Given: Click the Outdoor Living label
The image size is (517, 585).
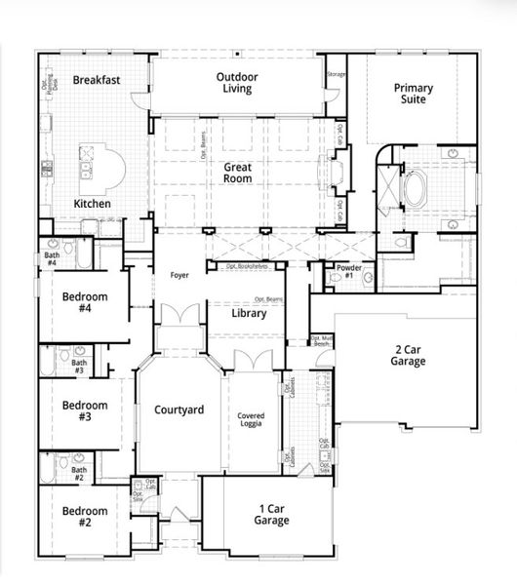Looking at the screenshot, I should tap(237, 82).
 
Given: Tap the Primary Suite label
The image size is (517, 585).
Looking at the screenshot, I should tap(414, 94).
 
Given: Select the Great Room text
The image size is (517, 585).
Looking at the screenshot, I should tap(238, 173).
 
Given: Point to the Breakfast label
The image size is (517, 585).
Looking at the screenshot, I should tap(96, 80).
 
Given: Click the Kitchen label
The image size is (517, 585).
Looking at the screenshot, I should tap(93, 204).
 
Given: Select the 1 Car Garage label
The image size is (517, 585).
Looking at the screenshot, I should tap(272, 514).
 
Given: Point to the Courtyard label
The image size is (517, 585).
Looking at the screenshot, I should tap(179, 409).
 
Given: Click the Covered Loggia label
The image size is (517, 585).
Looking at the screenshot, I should tap(252, 421).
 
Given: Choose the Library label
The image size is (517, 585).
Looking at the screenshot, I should tap(249, 314).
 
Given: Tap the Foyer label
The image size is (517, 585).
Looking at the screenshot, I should tap(179, 275).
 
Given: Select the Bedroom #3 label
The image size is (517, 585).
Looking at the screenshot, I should tap(84, 410).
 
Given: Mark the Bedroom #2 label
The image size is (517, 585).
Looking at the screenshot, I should tap(84, 516).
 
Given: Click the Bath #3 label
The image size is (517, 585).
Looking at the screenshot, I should tap(79, 367).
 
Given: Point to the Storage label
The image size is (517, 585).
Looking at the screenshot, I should tap(336, 74).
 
